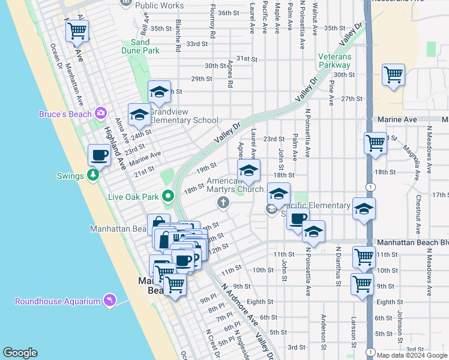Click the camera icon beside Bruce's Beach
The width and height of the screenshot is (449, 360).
click(100, 113)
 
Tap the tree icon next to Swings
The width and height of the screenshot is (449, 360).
click(92, 175)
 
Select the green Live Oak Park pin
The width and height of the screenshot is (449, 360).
click(169, 196)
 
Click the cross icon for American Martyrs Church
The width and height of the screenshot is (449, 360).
click(223, 202)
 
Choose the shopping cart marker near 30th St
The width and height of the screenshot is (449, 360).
click(393, 76)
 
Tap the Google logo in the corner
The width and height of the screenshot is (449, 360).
click(20, 352)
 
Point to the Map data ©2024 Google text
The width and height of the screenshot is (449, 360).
click(412, 355)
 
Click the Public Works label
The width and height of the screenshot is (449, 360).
click(159, 5)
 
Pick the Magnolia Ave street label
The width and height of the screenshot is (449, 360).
click(408, 155)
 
